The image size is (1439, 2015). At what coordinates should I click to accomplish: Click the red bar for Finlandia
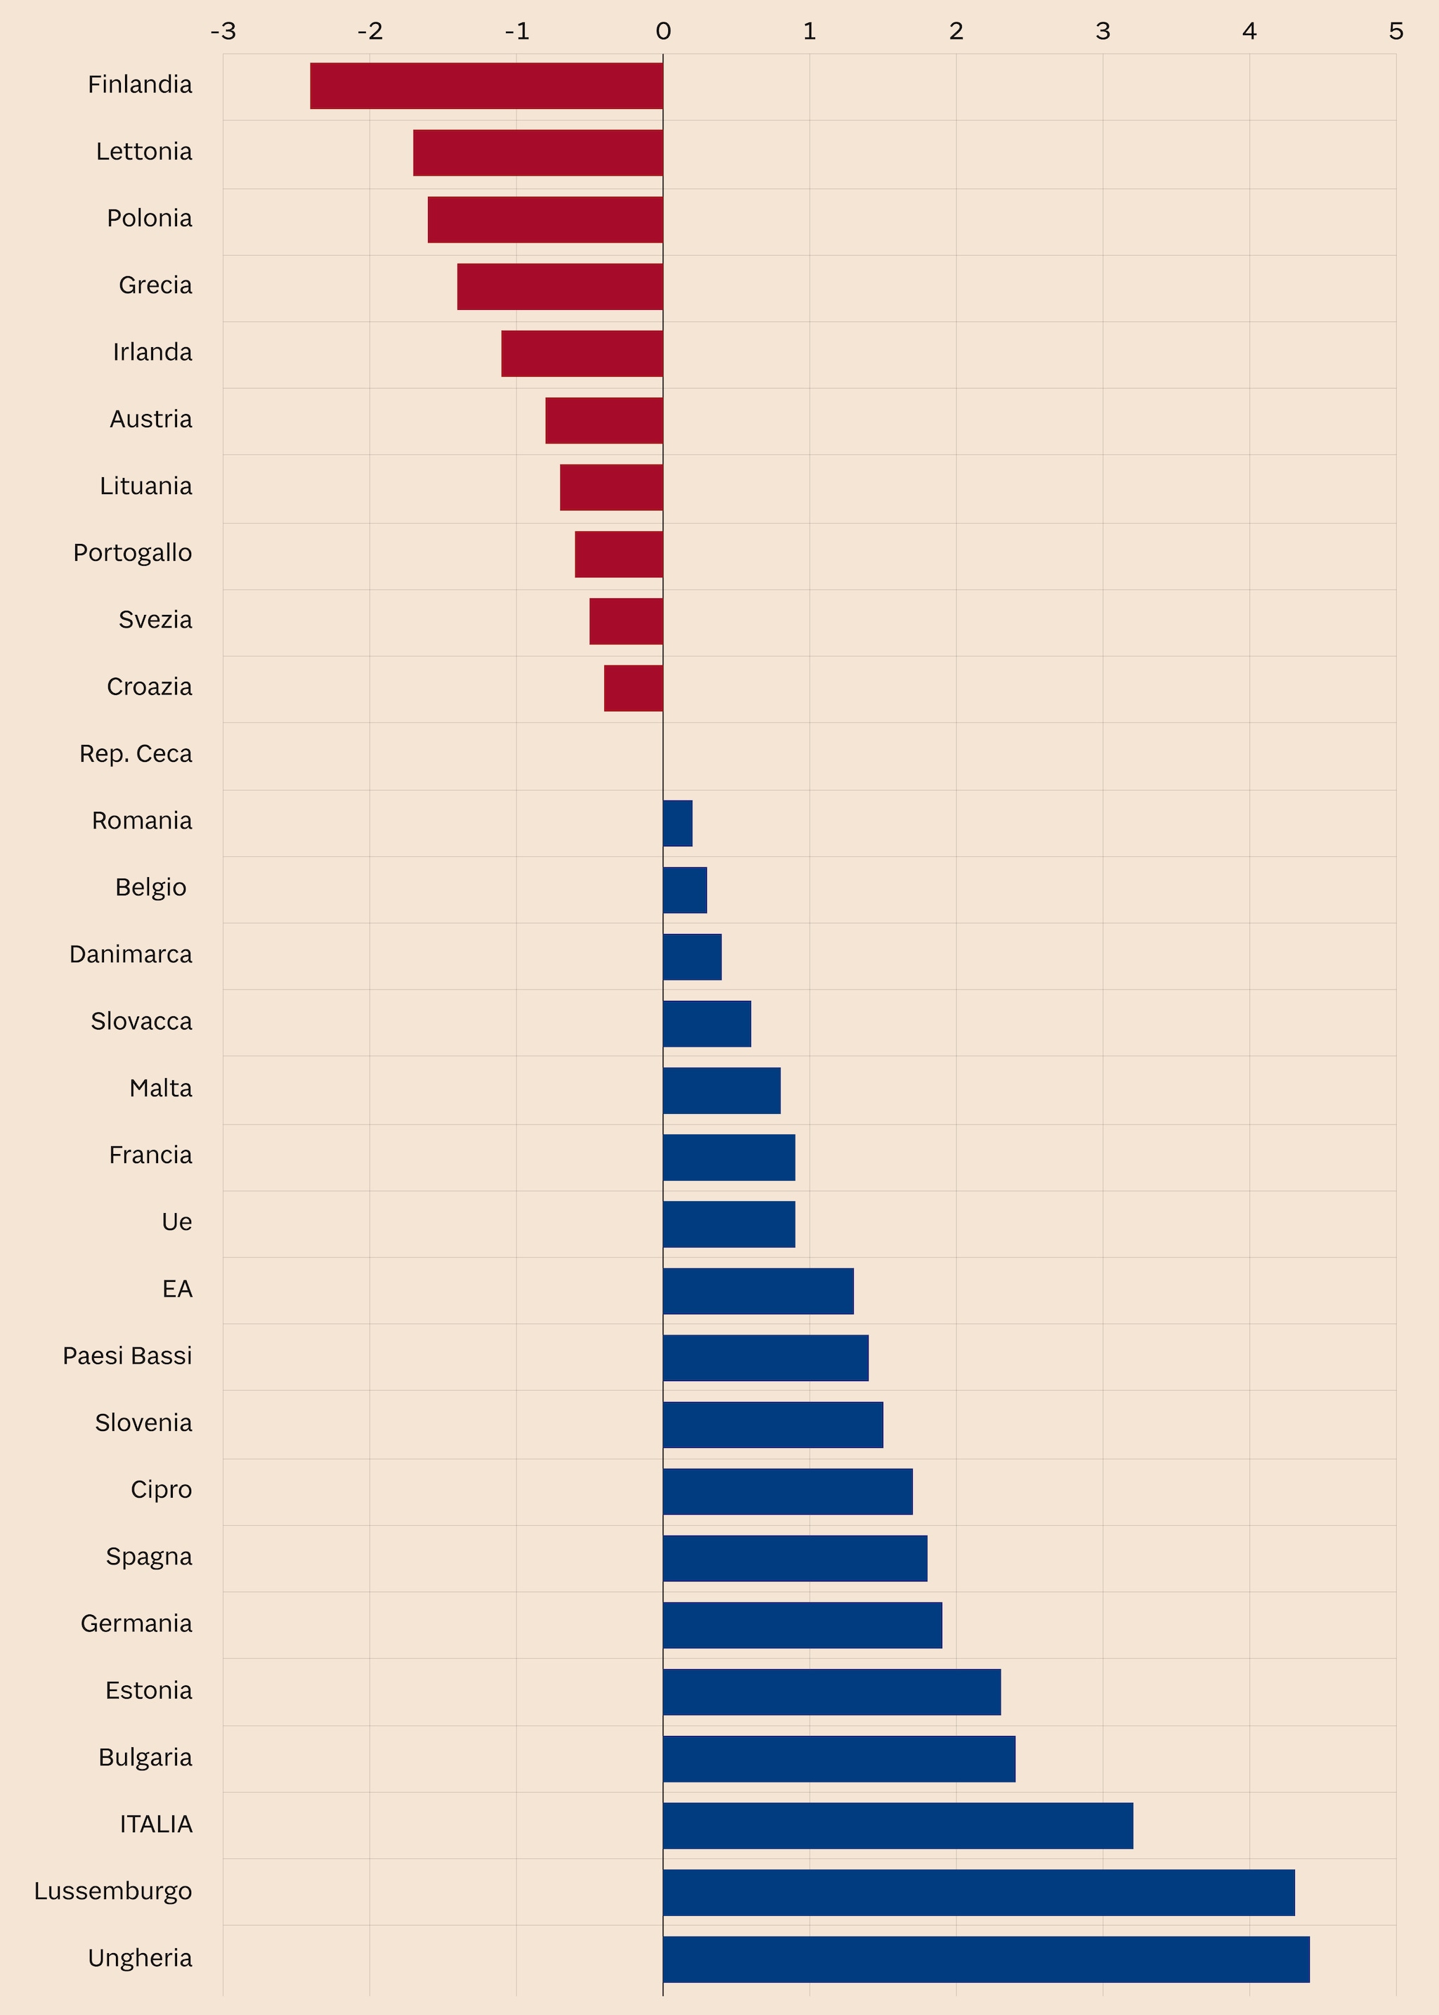click(x=486, y=86)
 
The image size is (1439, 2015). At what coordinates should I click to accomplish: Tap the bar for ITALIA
click(x=897, y=1825)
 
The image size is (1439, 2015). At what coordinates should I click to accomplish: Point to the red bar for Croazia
click(x=634, y=689)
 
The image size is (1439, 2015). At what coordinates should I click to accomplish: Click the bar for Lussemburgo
click(x=978, y=1893)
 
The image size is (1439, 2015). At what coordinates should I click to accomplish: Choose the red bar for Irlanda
click(x=582, y=354)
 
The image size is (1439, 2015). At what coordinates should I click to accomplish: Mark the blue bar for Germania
click(x=802, y=1625)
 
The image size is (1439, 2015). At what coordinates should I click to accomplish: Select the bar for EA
click(x=757, y=1291)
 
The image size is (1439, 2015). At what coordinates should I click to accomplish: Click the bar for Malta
click(x=722, y=1091)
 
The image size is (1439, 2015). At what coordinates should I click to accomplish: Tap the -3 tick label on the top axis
click(x=223, y=32)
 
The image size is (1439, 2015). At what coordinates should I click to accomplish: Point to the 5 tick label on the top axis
click(x=1396, y=32)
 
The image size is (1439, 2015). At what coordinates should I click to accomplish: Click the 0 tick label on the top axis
click(x=663, y=32)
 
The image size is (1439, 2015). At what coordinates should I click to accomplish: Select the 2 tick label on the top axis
click(x=956, y=32)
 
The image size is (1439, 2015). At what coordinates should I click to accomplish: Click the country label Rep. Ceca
click(x=136, y=754)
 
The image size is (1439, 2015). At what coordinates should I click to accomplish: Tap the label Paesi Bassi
click(x=128, y=1356)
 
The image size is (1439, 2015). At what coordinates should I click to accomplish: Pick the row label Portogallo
click(x=133, y=553)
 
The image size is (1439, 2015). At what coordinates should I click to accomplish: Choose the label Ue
click(x=176, y=1222)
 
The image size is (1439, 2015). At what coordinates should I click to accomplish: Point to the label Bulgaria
click(x=145, y=1757)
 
